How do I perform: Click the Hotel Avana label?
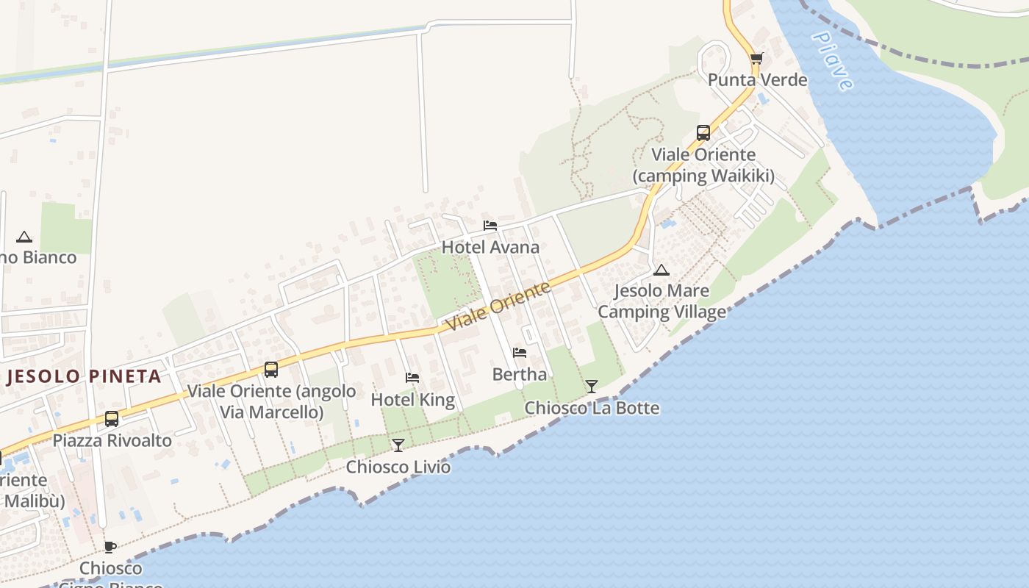click(x=490, y=247)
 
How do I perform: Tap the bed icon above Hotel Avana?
click(x=490, y=226)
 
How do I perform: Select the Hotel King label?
click(x=412, y=400)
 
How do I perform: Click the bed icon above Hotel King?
click(x=412, y=378)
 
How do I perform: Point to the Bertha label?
click(x=520, y=374)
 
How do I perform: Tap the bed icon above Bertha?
click(x=520, y=353)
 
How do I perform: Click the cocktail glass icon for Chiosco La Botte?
click(x=592, y=386)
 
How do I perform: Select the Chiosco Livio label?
click(x=398, y=467)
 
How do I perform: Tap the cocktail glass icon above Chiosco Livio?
click(x=398, y=445)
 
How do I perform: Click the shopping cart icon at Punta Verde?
click(x=756, y=59)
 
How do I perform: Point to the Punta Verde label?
click(x=757, y=79)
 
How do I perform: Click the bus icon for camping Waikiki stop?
click(x=703, y=133)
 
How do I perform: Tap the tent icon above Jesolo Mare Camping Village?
click(x=661, y=270)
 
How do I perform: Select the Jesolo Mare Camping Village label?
click(x=661, y=301)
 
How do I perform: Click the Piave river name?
click(x=833, y=61)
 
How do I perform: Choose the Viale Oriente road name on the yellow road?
click(x=498, y=306)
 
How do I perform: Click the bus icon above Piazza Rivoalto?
click(x=112, y=419)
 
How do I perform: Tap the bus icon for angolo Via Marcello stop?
click(x=271, y=370)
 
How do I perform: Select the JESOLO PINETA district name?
click(x=84, y=376)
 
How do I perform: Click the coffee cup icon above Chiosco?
click(x=110, y=547)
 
